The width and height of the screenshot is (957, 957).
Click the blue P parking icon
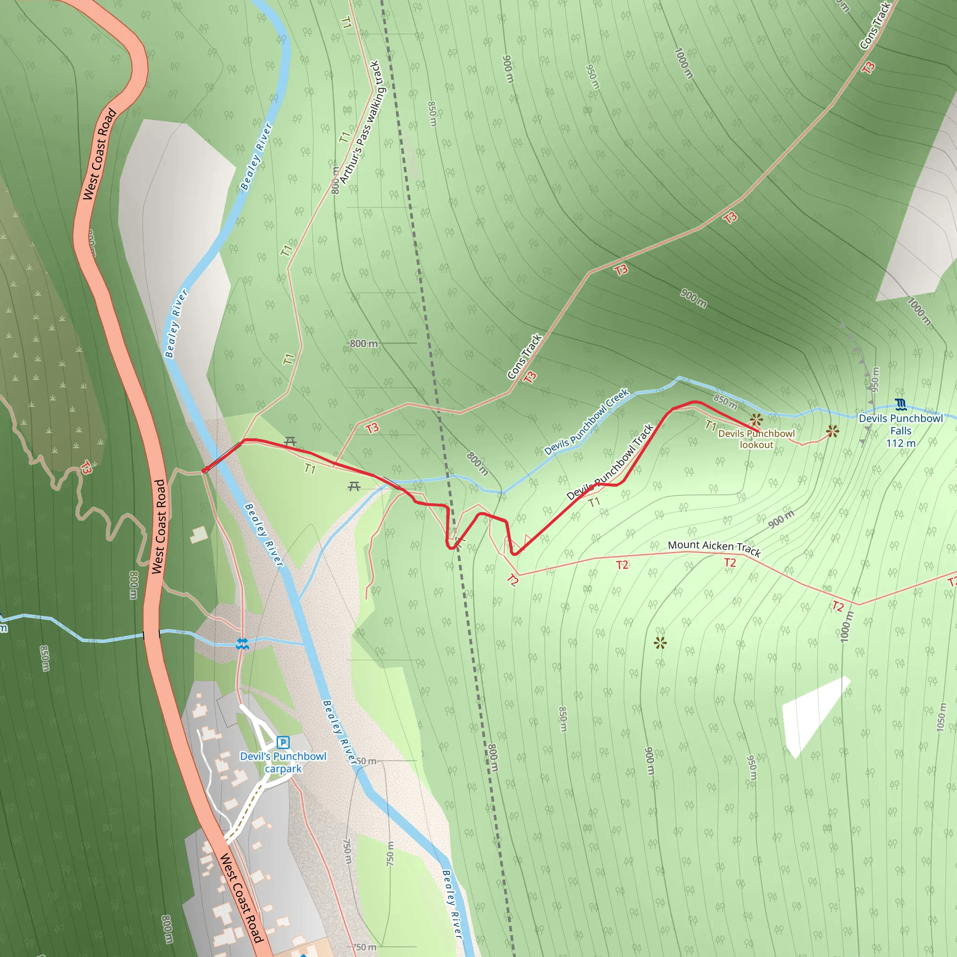pos(283,742)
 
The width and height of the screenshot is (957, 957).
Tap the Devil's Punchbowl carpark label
pos(283,762)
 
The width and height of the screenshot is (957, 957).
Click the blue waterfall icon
pos(900,405)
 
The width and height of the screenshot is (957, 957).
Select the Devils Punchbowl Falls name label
pos(900,424)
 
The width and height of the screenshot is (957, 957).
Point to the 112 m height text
pos(900,443)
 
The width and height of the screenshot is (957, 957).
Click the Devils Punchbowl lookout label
pos(756,439)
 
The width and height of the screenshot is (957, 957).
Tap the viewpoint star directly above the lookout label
pos(756,421)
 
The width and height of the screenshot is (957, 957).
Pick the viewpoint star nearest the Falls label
pos(833,431)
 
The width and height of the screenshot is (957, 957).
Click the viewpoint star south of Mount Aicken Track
pos(660,643)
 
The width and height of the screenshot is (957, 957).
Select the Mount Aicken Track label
pos(714,547)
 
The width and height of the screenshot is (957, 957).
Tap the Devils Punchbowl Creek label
pos(586,421)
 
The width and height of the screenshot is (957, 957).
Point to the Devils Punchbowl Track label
pos(610,462)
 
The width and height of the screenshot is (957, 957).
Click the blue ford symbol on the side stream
pos(242,643)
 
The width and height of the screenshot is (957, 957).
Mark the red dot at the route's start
pos(204,471)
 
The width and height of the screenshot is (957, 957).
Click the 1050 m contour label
pos(941,717)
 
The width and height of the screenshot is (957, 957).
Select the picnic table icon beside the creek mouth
pos(354,486)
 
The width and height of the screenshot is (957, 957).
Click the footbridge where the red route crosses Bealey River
pos(223,456)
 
